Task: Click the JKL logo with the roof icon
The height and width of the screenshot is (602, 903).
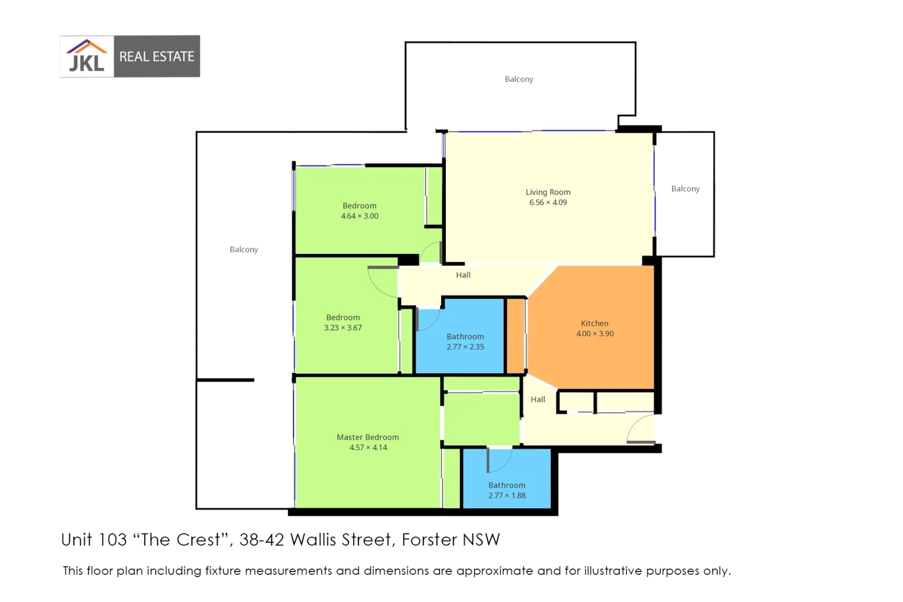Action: click(86, 56)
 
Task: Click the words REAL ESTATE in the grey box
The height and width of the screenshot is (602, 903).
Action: click(156, 56)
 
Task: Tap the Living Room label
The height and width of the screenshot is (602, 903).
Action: click(547, 192)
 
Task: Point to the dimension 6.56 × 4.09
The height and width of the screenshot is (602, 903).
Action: click(547, 203)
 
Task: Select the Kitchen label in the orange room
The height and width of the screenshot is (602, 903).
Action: click(594, 323)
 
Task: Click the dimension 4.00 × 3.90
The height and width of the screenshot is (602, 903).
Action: click(594, 333)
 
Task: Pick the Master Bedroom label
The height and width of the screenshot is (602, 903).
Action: click(367, 437)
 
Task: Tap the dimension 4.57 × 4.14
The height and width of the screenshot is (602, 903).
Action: click(367, 447)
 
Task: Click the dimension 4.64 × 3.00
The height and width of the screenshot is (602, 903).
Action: click(359, 216)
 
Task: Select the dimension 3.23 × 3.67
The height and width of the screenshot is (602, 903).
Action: click(343, 328)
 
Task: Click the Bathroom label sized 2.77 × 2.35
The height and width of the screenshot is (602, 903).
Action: click(465, 336)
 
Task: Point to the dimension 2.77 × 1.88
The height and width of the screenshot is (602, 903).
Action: click(506, 495)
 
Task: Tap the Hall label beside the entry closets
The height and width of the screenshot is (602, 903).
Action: click(537, 399)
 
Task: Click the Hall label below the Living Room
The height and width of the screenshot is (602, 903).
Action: click(463, 275)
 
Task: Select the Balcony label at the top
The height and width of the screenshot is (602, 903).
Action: click(519, 79)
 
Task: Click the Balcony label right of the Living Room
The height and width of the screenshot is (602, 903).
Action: click(685, 188)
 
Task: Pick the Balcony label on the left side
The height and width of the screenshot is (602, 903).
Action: click(243, 249)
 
